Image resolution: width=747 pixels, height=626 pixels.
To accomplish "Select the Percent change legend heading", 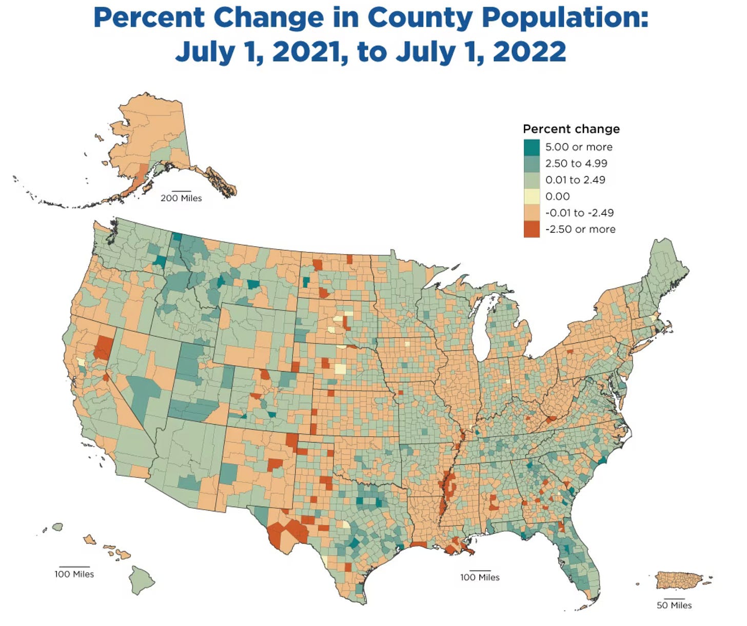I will (x=571, y=129).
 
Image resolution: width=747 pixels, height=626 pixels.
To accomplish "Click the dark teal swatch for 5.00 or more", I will (x=532, y=147).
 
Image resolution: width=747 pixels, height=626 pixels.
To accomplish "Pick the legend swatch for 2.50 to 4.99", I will (x=532, y=164).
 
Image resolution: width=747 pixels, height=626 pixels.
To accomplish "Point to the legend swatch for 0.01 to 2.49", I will (x=532, y=180).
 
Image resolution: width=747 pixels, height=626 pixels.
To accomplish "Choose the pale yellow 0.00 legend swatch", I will (x=532, y=196).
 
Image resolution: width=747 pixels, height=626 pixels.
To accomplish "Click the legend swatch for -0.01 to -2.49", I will (x=532, y=213).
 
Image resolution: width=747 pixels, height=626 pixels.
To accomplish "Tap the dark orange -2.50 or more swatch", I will (x=532, y=229).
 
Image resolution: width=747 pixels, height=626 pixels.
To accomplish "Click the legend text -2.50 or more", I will (x=580, y=229).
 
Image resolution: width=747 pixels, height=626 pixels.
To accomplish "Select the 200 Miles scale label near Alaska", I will (x=181, y=198).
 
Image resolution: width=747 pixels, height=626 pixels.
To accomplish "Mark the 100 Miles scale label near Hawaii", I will (x=74, y=574).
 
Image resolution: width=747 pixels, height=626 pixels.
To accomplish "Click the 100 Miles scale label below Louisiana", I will (x=480, y=578).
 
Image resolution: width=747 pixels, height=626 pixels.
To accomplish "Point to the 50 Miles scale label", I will (x=674, y=605).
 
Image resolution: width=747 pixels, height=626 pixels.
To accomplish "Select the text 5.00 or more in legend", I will (x=578, y=147).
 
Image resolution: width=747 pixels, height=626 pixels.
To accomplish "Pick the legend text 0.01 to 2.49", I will (x=575, y=180).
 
